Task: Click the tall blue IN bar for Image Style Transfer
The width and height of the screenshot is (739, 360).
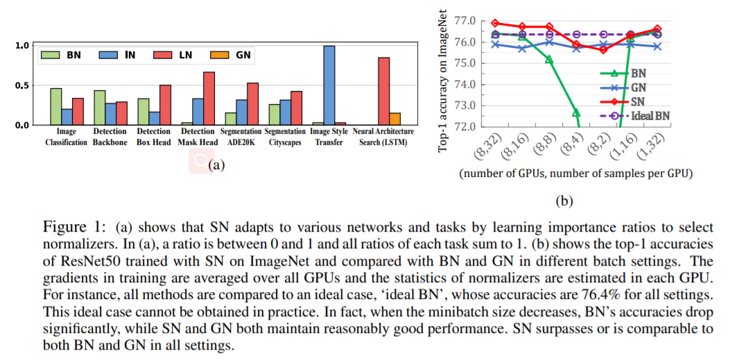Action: coord(329,85)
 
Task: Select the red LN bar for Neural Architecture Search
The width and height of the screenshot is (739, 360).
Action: coord(383,91)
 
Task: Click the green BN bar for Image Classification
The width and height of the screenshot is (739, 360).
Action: coord(56,106)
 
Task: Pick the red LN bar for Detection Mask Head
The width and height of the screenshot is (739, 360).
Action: coord(209,98)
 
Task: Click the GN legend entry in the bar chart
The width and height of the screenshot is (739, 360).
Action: coord(230,54)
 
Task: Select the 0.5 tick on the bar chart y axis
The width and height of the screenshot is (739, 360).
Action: coord(23,85)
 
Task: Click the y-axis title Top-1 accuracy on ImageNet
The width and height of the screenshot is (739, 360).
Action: coord(443,77)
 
